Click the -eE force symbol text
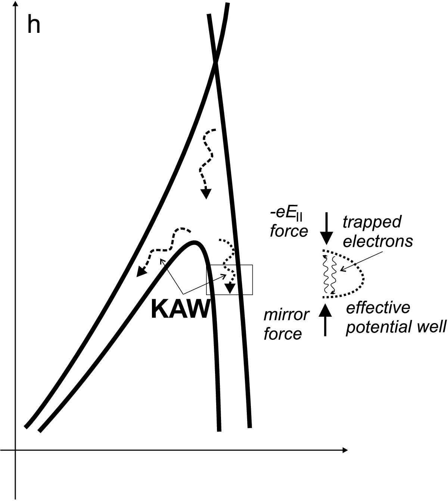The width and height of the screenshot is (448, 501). [x=286, y=214]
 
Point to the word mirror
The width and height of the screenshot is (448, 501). [x=286, y=314]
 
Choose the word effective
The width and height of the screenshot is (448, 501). [x=378, y=307]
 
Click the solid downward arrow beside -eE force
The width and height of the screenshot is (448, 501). [x=327, y=228]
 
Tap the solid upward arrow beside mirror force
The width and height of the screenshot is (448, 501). [x=325, y=320]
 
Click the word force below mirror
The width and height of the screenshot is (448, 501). [x=283, y=334]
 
